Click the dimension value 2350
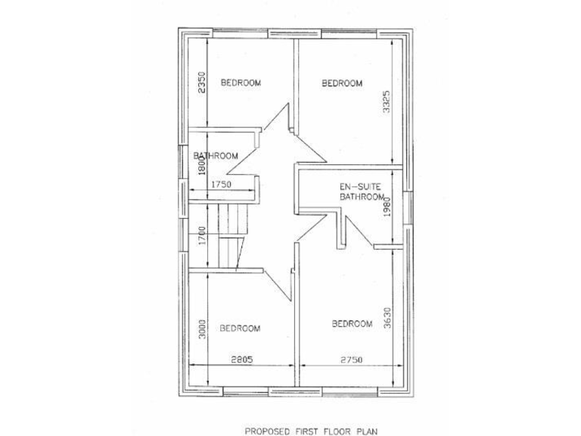pos(201,82)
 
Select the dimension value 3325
pos(387,101)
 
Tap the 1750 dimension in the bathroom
pos(220,184)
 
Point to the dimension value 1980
pos(387,206)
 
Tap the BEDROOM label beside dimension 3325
pos(342,83)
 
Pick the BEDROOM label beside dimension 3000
pos(240,328)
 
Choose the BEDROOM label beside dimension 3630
pos(353,324)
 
